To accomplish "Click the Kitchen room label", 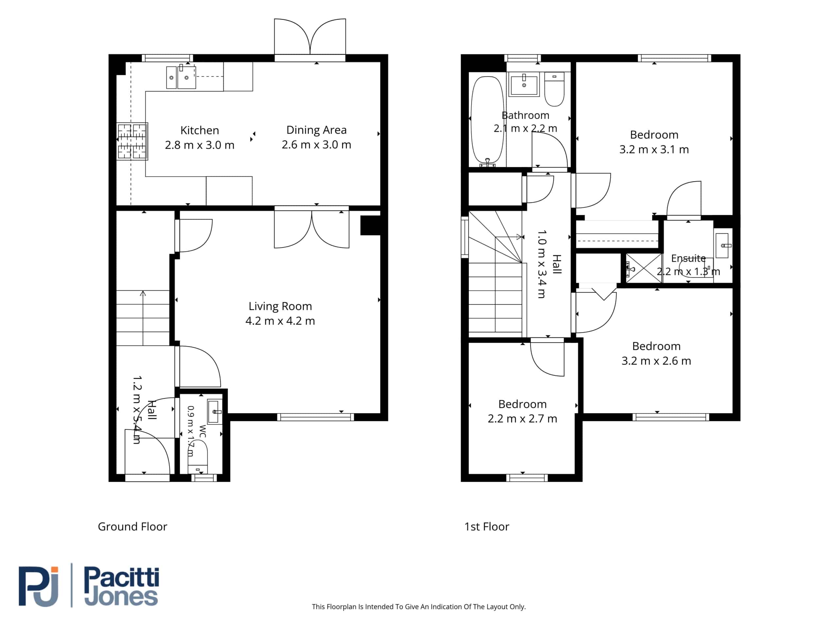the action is (x=200, y=130).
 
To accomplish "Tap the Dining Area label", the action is (x=316, y=130).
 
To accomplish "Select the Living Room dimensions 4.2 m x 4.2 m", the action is (x=280, y=321).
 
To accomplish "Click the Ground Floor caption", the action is (x=132, y=527).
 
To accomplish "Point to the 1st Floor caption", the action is (x=487, y=527).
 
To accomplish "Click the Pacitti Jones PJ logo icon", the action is (x=39, y=586).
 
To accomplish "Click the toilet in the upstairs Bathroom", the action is (x=554, y=89).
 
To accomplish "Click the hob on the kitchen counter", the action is (x=132, y=141).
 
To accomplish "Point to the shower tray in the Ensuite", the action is (x=644, y=268).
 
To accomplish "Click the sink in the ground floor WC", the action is (x=214, y=412).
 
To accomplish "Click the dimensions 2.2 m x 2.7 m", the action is (x=522, y=419).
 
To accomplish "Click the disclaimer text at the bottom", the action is (x=419, y=607).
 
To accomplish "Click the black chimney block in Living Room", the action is (x=371, y=225).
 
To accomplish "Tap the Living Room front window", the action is (x=316, y=417).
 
